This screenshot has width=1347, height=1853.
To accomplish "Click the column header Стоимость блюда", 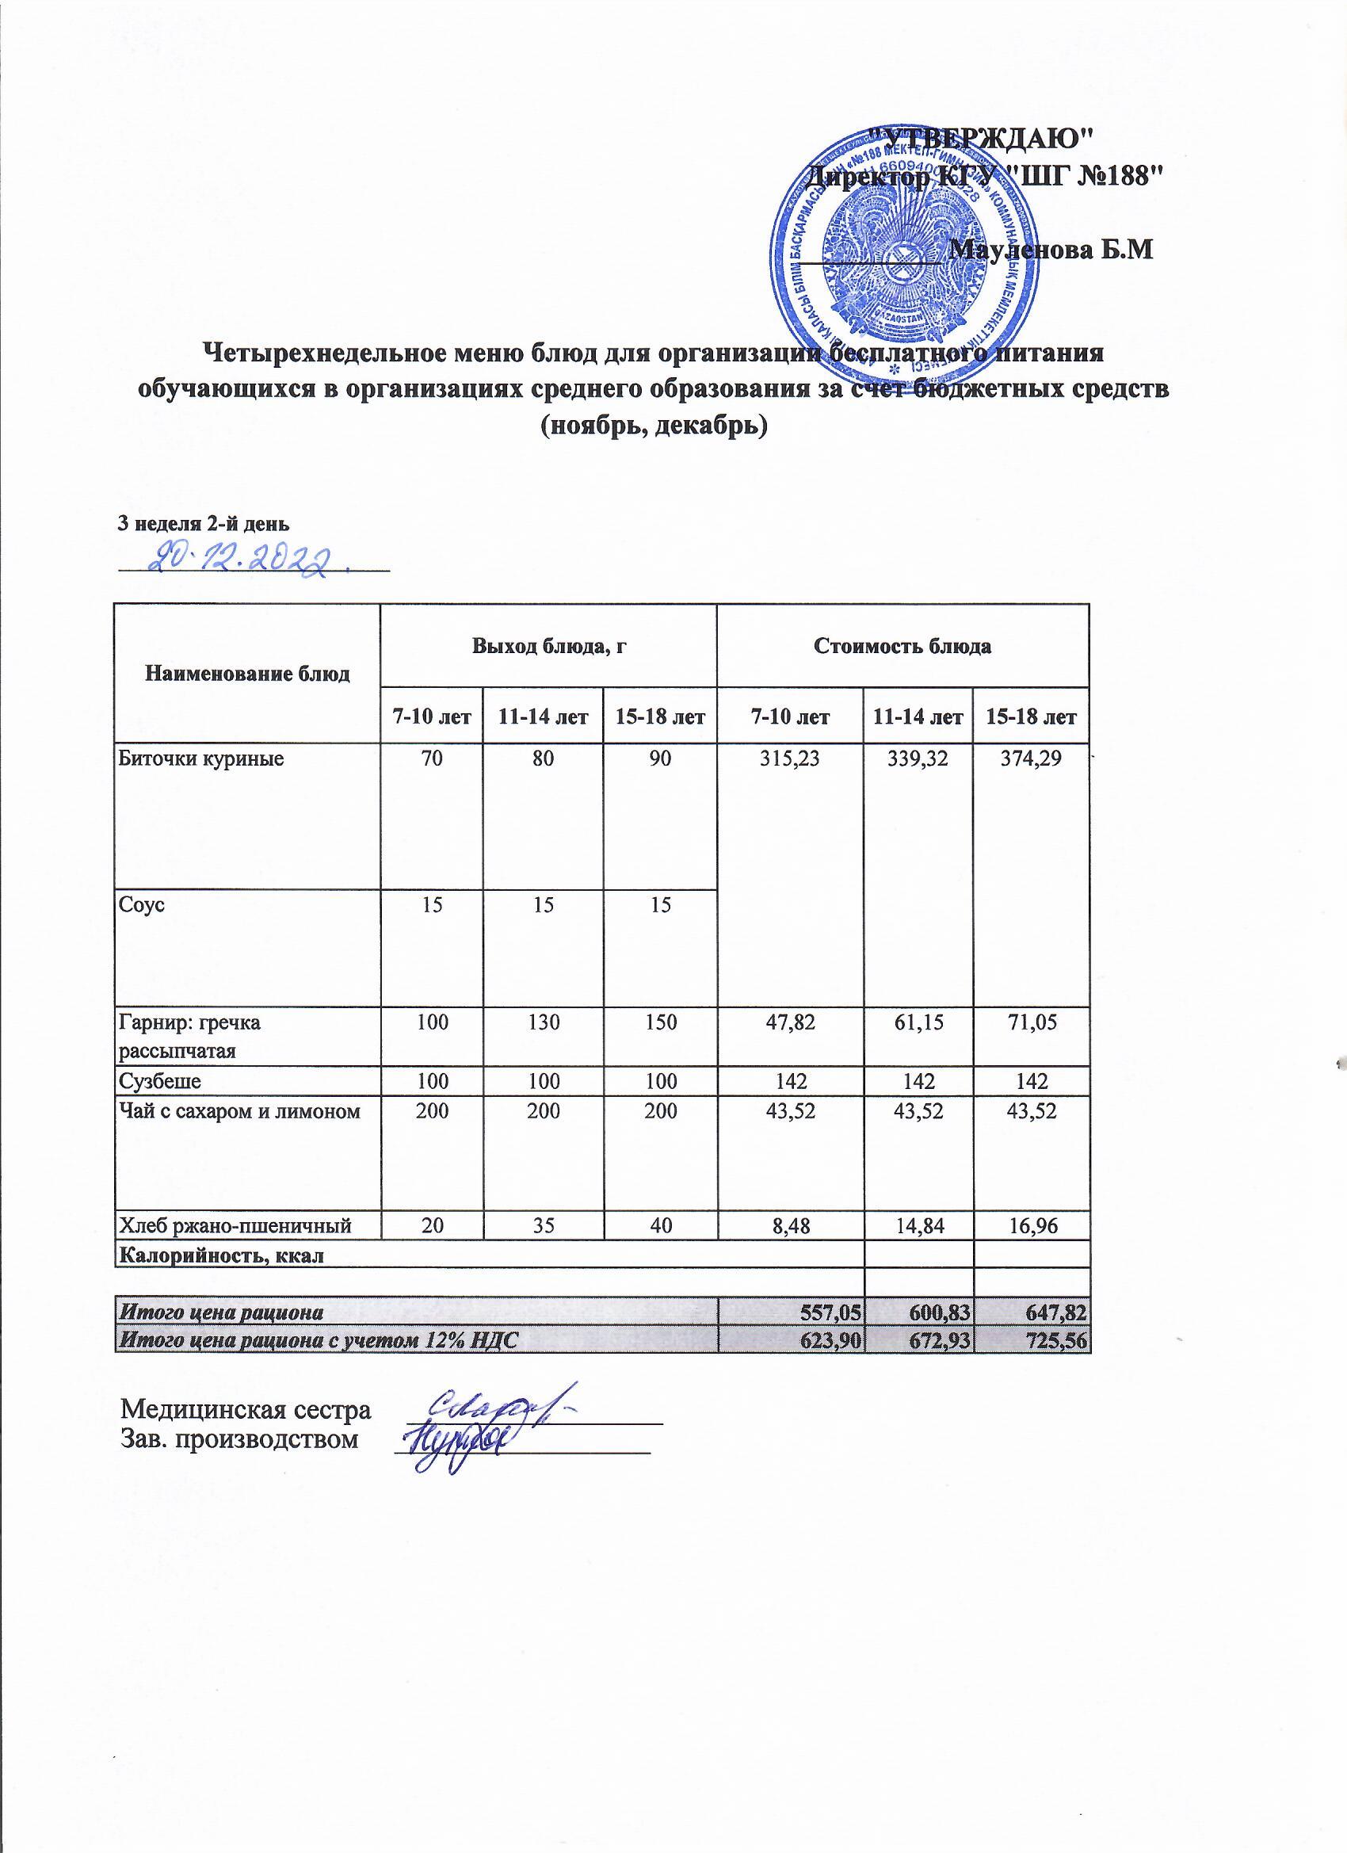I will (x=902, y=646).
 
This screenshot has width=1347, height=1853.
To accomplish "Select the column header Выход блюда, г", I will (x=548, y=645).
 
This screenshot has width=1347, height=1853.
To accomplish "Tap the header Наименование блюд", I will (x=247, y=674).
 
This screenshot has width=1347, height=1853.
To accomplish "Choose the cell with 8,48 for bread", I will (x=789, y=1247).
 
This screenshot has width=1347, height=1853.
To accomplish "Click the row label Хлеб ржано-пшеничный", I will (x=236, y=1247).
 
